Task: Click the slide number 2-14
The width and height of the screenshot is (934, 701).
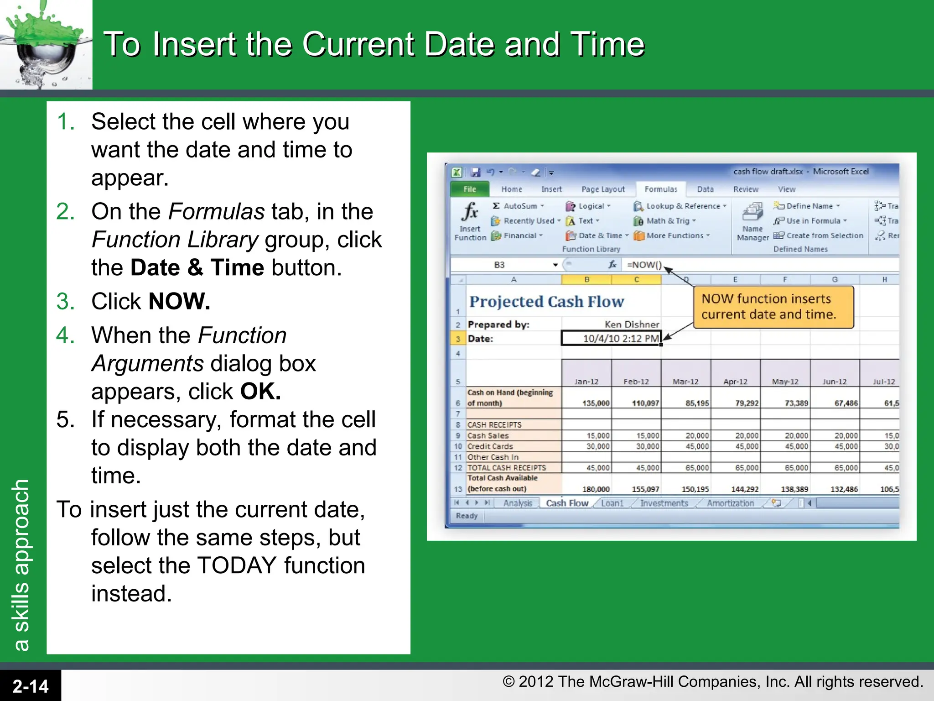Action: [x=30, y=686]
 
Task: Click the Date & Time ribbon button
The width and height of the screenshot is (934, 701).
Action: [x=597, y=235]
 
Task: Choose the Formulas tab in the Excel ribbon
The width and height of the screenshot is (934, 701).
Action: [x=660, y=189]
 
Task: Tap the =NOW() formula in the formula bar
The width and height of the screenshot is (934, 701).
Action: [x=643, y=265]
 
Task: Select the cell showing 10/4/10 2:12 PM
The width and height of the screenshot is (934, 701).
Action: [x=611, y=338]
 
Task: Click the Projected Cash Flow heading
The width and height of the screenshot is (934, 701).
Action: [x=546, y=301]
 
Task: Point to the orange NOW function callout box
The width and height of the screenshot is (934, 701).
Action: [x=773, y=307]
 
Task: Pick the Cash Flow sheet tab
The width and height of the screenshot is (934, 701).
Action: [x=567, y=503]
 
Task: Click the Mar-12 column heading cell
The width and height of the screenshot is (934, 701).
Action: [x=685, y=382]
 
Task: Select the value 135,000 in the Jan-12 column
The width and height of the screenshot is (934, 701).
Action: [x=595, y=403]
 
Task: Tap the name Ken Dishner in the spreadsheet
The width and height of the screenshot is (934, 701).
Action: [x=632, y=324]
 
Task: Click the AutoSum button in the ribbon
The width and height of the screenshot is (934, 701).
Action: [x=519, y=206]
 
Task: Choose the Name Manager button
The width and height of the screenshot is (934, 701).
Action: [x=752, y=222]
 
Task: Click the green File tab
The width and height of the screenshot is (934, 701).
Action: [x=469, y=189]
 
